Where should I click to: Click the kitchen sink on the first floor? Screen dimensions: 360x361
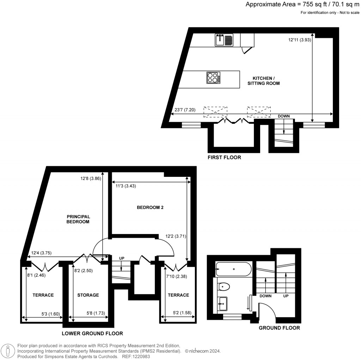224,40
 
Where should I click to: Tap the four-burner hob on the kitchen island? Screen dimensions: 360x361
213,78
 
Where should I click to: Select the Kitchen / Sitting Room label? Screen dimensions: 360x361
266,81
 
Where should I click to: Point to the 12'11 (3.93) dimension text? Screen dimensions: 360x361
299,40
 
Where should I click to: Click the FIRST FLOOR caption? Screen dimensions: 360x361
224,157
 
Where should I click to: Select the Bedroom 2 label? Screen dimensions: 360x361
150,208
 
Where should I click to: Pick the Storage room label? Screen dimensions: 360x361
88,295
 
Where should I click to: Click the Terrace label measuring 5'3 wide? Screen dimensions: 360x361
43,295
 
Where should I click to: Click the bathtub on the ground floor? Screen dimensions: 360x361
233,270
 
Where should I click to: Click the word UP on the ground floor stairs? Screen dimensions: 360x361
286,296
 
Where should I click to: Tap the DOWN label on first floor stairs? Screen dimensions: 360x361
284,116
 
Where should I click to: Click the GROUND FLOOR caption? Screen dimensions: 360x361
279,328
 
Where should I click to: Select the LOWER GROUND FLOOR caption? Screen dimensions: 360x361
92,333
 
